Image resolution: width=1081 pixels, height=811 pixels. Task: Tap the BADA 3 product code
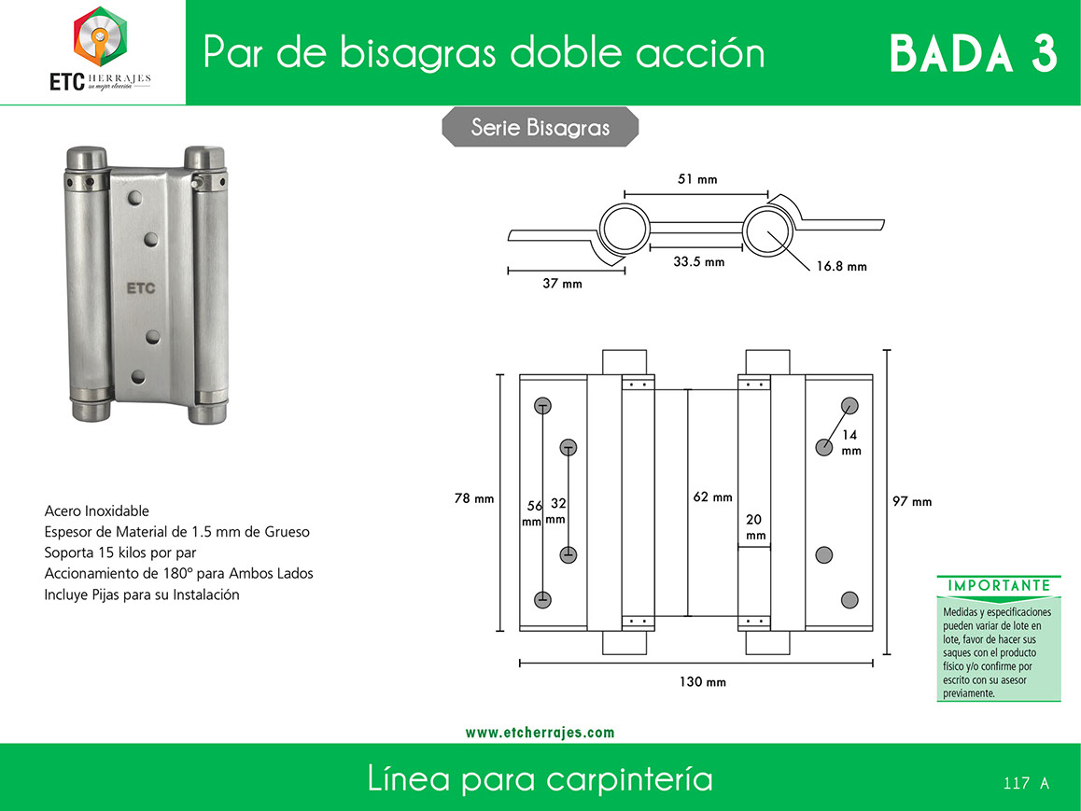coord(973,54)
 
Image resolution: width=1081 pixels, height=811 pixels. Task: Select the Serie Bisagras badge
coord(540,128)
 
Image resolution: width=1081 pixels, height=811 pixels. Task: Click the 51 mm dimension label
coord(697,179)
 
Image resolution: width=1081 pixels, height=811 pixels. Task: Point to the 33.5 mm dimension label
coord(699,262)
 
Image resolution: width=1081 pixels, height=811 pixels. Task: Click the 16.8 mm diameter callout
coord(841,266)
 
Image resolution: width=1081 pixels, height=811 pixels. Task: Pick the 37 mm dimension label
coord(562,283)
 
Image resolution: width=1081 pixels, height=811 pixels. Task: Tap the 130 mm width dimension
coord(703,681)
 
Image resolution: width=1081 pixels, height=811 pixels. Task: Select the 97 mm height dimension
coord(912,501)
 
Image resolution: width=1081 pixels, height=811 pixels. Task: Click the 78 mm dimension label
coord(473,498)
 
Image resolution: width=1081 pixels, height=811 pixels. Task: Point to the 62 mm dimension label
coord(713,496)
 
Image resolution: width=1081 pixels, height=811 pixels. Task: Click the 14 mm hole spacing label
coord(850,442)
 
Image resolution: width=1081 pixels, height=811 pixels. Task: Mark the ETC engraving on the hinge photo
coord(141,288)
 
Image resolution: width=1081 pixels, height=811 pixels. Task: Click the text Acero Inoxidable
coord(96,510)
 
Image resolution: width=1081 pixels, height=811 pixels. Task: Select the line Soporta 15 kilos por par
coord(120,552)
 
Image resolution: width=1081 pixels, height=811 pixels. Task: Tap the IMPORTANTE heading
coord(999,586)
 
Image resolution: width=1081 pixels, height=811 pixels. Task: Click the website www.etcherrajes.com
coord(540,733)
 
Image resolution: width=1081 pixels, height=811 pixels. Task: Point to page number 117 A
coord(1026,783)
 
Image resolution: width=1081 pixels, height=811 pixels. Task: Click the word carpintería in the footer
coord(629,779)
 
